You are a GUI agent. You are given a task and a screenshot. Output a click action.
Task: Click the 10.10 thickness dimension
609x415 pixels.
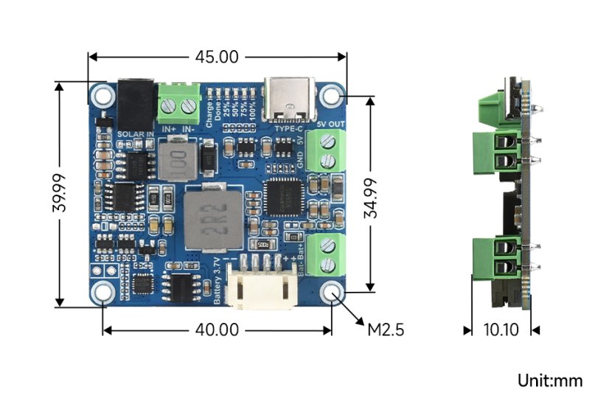click(x=501, y=330)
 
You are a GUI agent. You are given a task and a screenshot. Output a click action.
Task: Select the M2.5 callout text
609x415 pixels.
click(x=386, y=329)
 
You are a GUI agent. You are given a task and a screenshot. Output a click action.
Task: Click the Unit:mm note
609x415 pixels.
click(x=549, y=381)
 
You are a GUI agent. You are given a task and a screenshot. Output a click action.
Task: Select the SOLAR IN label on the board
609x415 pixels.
click(x=136, y=134)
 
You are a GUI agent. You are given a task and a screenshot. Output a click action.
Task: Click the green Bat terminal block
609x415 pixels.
click(x=325, y=254)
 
